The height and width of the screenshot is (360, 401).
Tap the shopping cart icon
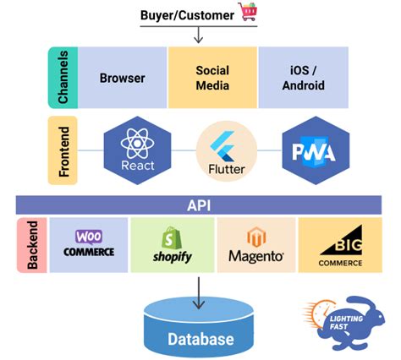[x=248, y=12]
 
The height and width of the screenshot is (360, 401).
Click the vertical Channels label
[x=63, y=78]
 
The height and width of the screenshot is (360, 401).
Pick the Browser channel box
[x=123, y=78]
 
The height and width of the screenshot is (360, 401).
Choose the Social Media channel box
[x=212, y=78]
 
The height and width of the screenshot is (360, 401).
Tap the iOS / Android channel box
[x=303, y=78]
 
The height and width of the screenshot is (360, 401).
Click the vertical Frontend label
[x=63, y=151]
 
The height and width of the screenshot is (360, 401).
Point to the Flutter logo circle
[x=226, y=151]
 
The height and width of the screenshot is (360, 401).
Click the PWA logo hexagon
[x=314, y=150]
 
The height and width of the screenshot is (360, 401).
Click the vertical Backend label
[x=31, y=245]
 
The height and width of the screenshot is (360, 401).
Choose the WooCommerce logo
[x=89, y=244]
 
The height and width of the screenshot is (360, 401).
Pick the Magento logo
[x=256, y=245]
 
